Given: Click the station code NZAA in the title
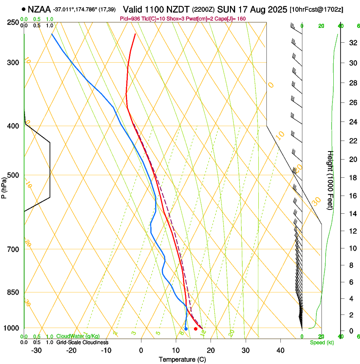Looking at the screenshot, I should (39, 8).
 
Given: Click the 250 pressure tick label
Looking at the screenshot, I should (13, 22).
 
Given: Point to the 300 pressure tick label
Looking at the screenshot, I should (13, 63).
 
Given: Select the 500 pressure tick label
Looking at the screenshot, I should (13, 175).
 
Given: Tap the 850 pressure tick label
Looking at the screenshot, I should (13, 292).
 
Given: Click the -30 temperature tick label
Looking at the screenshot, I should (36, 350).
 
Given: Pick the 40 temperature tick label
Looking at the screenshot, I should (280, 350).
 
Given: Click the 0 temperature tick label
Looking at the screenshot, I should (141, 350).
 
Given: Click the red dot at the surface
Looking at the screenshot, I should (196, 329).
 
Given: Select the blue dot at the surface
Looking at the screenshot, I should (186, 329).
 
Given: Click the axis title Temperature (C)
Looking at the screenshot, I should (182, 359).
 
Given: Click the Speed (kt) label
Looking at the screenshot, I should (321, 342).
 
